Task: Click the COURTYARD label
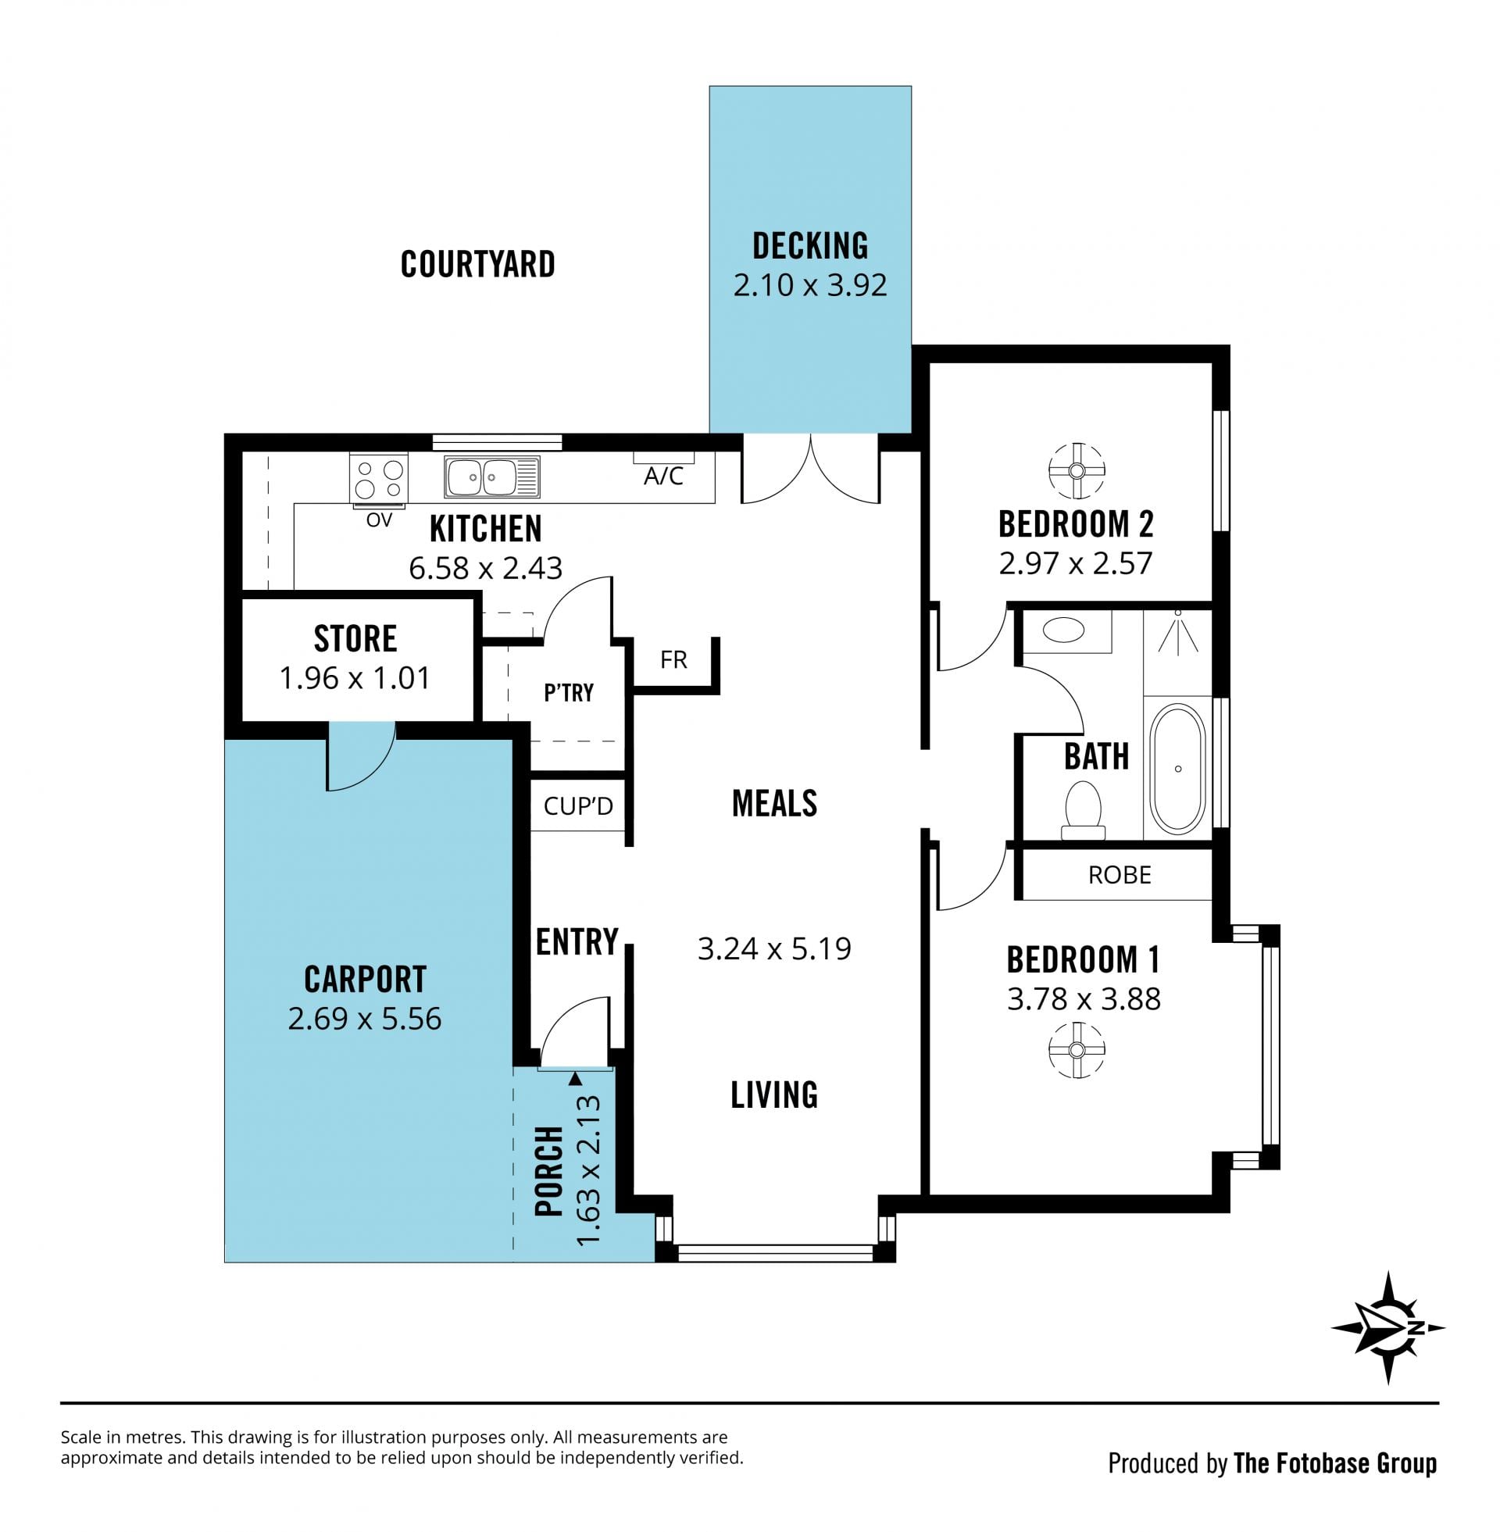(477, 264)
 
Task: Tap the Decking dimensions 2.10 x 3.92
(810, 284)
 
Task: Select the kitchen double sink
(491, 477)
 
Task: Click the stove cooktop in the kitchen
(379, 478)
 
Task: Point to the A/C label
(663, 476)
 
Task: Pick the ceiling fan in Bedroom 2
(1076, 471)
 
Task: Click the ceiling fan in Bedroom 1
(1076, 1049)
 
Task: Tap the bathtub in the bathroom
(1177, 769)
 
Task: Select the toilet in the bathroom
(1084, 810)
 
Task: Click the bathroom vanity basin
(1063, 630)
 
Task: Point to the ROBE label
(1120, 874)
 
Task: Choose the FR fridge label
(673, 659)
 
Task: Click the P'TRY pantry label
(568, 692)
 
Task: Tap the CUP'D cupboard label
(578, 805)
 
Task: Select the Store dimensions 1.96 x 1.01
(355, 677)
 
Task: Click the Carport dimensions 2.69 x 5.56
(365, 1019)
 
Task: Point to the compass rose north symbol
(1388, 1328)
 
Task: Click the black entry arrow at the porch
(575, 1078)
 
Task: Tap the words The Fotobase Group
(1335, 1462)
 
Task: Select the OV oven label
(379, 520)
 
